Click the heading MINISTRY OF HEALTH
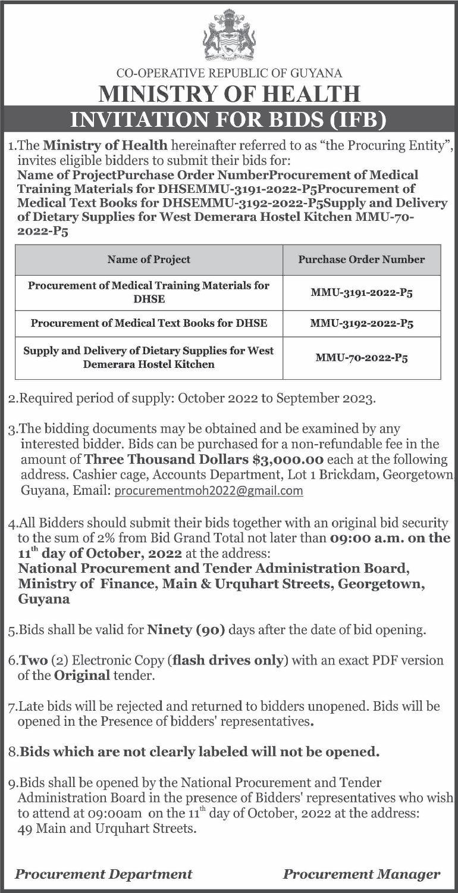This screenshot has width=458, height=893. [x=230, y=95]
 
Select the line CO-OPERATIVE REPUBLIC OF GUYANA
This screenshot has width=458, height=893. [x=230, y=74]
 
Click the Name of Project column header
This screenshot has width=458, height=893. [x=149, y=259]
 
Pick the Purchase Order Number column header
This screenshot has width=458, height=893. [x=362, y=259]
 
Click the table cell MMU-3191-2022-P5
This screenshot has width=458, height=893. [x=362, y=292]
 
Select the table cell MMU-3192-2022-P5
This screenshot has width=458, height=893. [x=362, y=324]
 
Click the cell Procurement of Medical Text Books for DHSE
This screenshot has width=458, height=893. [x=149, y=323]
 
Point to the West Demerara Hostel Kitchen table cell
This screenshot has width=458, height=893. [x=149, y=357]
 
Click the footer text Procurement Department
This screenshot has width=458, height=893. [x=103, y=874]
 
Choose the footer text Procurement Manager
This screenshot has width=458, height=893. [x=362, y=874]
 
